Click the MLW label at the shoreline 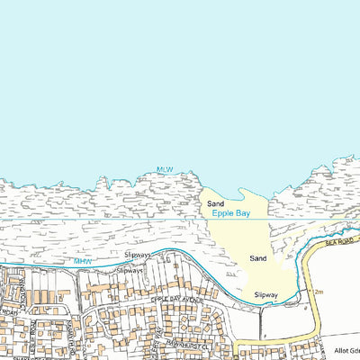click(x=164, y=169)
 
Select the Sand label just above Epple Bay click(x=215, y=204)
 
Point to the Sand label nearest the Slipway click(x=258, y=258)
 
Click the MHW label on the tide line click(x=83, y=261)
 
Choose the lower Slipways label click(x=130, y=269)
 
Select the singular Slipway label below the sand click(x=265, y=294)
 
